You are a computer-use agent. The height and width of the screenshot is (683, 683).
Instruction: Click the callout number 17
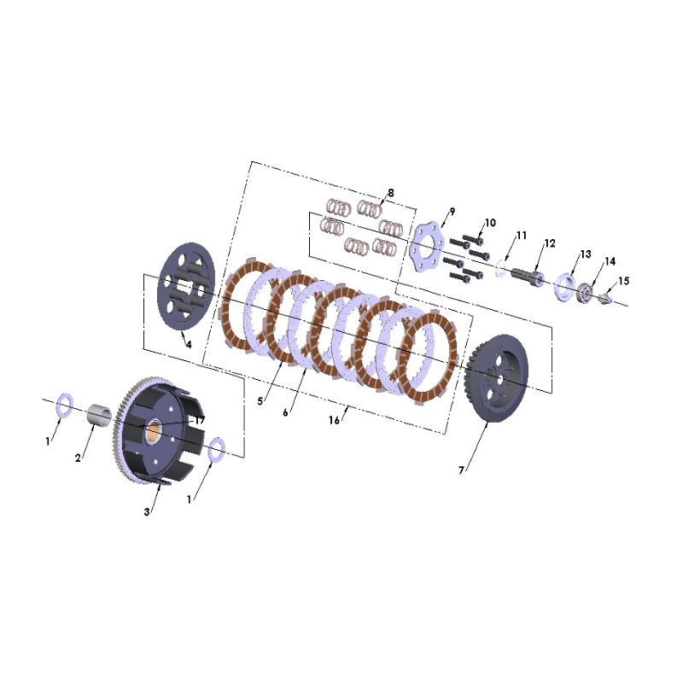(x=200, y=420)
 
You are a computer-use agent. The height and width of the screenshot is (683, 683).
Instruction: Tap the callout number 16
(x=334, y=420)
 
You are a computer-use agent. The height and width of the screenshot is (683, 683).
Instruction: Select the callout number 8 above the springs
(x=391, y=193)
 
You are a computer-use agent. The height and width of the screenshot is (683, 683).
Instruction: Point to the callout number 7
(x=461, y=470)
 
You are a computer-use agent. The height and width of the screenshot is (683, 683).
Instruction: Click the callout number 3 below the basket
(x=147, y=511)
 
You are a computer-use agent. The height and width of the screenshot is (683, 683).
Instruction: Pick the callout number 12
(x=550, y=243)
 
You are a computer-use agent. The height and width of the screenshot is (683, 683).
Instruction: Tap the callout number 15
(x=624, y=281)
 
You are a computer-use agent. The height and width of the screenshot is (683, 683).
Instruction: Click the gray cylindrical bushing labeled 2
(x=100, y=415)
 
